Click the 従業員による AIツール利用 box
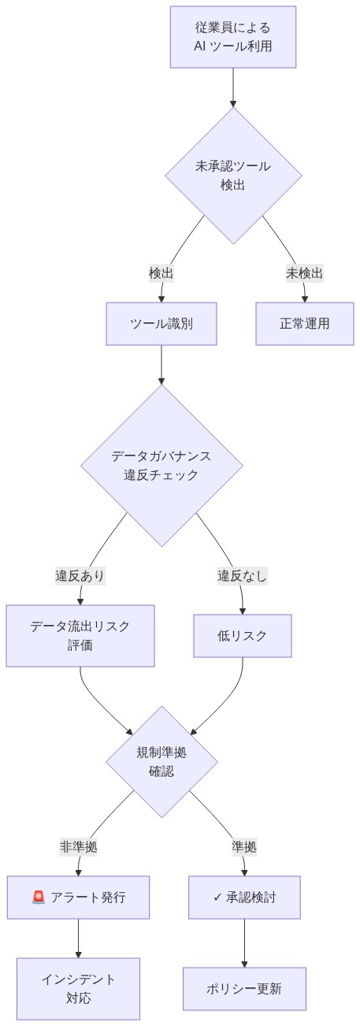(x=233, y=37)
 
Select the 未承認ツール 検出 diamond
(x=233, y=175)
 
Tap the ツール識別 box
(x=161, y=324)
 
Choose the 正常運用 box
(x=304, y=324)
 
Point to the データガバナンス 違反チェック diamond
(x=161, y=466)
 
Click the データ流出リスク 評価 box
(x=80, y=636)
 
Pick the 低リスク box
(x=243, y=636)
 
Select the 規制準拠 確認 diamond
(x=161, y=761)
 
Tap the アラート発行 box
(x=79, y=897)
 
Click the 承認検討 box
(x=244, y=897)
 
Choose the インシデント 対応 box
(x=79, y=988)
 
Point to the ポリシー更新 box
(x=244, y=988)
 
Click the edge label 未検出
(x=304, y=273)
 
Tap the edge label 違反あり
(x=80, y=576)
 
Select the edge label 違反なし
(x=242, y=576)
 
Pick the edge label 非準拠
(x=79, y=847)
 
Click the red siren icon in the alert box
(x=39, y=897)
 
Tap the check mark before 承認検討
(x=218, y=897)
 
